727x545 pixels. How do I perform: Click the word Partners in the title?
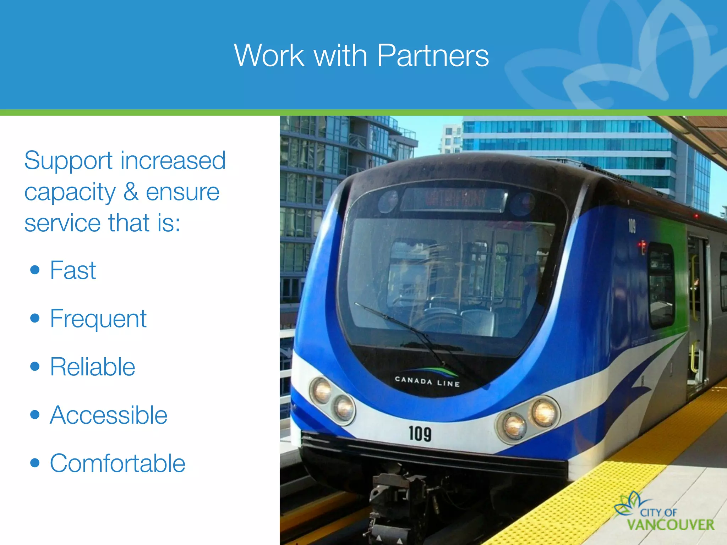433,56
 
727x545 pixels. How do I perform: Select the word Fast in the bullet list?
73,270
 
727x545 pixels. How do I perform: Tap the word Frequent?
98,319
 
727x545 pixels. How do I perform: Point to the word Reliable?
92,367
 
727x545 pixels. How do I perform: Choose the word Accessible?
108,415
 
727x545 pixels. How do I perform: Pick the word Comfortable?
117,463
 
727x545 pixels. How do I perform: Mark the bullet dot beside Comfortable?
35,463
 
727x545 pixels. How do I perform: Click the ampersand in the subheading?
131,192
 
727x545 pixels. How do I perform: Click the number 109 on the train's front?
420,434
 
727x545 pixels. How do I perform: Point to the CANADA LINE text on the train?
427,381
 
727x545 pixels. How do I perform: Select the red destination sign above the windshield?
454,199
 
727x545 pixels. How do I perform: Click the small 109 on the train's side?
632,226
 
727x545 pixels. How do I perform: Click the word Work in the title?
269,56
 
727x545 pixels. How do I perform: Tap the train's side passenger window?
661,284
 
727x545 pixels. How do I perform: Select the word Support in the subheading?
68,160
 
